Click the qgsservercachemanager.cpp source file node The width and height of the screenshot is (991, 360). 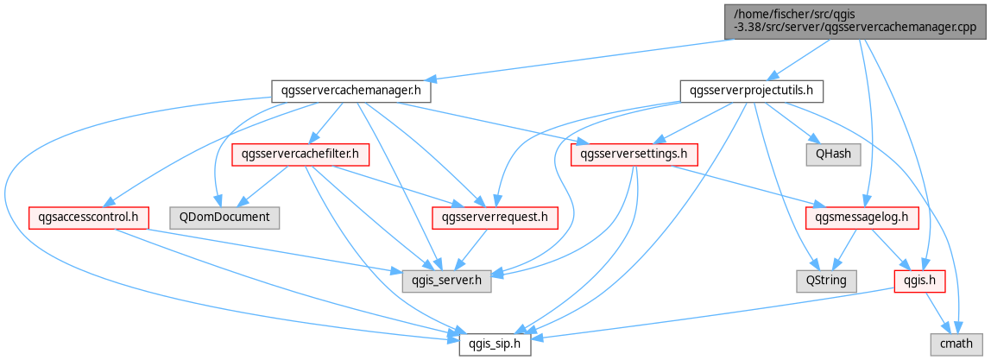point(855,22)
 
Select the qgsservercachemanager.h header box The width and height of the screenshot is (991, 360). point(350,92)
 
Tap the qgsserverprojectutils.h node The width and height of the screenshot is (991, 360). point(751,92)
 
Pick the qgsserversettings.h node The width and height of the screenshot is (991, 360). point(634,155)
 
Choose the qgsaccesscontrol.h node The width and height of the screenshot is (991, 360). point(88,218)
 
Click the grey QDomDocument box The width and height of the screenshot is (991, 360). point(225,218)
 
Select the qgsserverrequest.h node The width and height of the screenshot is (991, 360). point(495,218)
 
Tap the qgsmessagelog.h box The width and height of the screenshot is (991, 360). point(862,218)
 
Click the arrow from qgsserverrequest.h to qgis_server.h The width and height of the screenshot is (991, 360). point(473,249)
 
